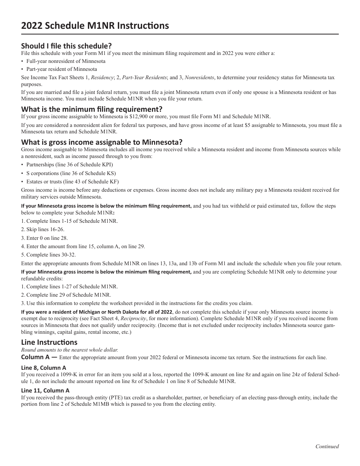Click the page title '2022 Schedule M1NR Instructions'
[95, 26]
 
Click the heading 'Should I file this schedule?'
[66, 46]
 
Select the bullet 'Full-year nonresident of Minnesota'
[66, 61]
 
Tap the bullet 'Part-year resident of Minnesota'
[61, 69]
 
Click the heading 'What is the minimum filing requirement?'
[92, 109]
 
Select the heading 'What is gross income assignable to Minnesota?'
[102, 142]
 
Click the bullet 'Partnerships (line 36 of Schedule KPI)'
[69, 165]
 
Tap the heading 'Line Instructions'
[49, 342]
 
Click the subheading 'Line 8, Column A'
[44, 367]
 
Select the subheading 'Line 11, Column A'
[45, 390]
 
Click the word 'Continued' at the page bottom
[327, 446]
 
